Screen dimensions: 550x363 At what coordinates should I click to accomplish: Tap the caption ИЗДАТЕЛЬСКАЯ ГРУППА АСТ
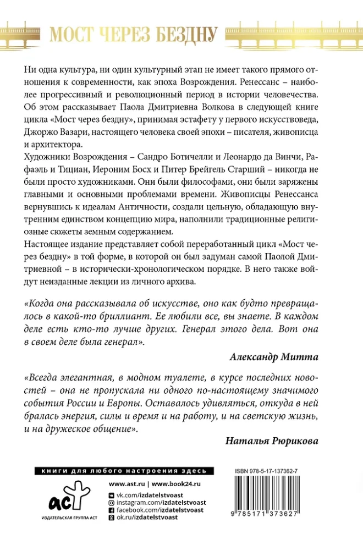point(62,518)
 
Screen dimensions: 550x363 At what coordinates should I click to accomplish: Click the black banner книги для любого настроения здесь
point(122,471)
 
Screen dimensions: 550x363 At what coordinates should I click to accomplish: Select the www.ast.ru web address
point(127,484)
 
